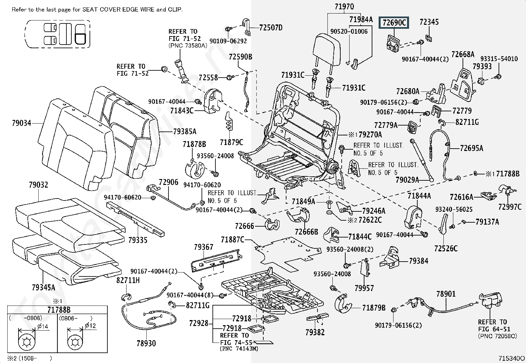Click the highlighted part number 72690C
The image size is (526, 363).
394,22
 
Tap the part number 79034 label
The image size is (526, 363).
21,123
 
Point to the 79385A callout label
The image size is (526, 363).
185,131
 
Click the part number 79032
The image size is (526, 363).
39,185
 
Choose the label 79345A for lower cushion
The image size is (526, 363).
43,287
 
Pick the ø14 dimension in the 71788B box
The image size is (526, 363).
43,326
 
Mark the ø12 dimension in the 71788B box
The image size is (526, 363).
90,326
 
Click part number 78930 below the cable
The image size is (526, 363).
146,343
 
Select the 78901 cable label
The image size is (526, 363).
446,294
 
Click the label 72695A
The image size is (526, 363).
471,148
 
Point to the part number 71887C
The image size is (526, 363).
233,239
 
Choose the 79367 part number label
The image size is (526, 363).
204,247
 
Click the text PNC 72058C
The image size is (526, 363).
497,336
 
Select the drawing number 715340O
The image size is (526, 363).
511,358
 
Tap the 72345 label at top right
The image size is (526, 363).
429,22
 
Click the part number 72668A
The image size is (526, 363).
463,54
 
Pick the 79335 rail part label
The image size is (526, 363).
138,240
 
